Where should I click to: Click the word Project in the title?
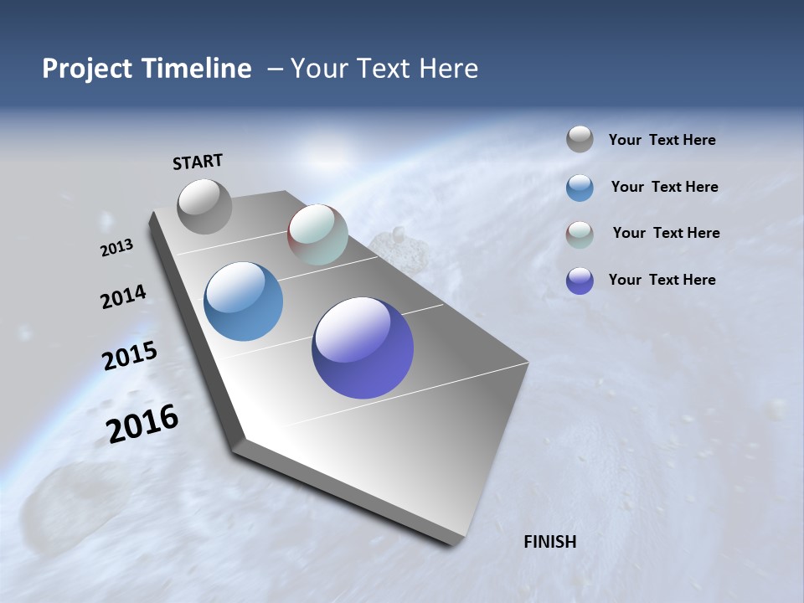click(88, 69)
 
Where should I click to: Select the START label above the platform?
click(198, 162)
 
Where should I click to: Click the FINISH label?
click(550, 542)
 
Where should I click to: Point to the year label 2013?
click(116, 248)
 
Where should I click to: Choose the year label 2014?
click(123, 296)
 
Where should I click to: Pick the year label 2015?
click(130, 356)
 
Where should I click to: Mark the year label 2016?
click(142, 424)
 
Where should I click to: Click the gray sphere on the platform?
click(204, 206)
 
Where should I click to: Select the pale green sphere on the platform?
click(317, 234)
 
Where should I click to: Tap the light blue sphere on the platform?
click(243, 301)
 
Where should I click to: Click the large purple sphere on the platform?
click(363, 348)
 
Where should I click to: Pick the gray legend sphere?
click(580, 140)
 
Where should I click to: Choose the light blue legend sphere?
click(580, 188)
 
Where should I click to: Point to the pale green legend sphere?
click(580, 234)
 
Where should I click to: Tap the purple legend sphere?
click(580, 281)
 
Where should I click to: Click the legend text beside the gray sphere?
click(662, 141)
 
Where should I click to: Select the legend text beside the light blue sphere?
click(664, 187)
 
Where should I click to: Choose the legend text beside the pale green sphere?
click(666, 233)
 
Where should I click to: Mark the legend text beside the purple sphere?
click(662, 280)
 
